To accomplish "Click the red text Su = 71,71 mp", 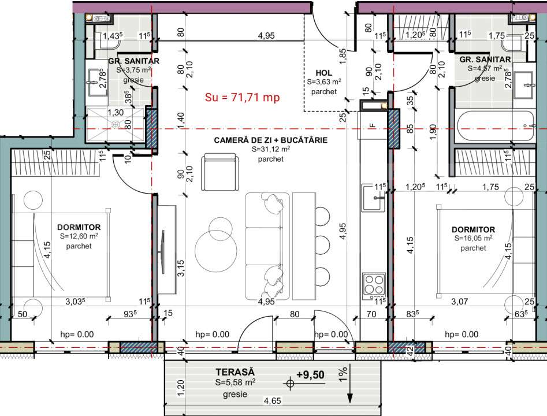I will (242, 98).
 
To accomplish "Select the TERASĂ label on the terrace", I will (235, 372).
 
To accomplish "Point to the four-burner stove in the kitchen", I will (373, 284).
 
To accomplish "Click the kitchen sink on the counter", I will (373, 196).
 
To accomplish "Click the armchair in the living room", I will (218, 171).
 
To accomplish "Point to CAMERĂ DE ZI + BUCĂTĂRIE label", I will (270, 140).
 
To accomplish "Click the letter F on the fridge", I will (373, 124).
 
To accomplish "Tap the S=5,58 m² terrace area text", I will (235, 382).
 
